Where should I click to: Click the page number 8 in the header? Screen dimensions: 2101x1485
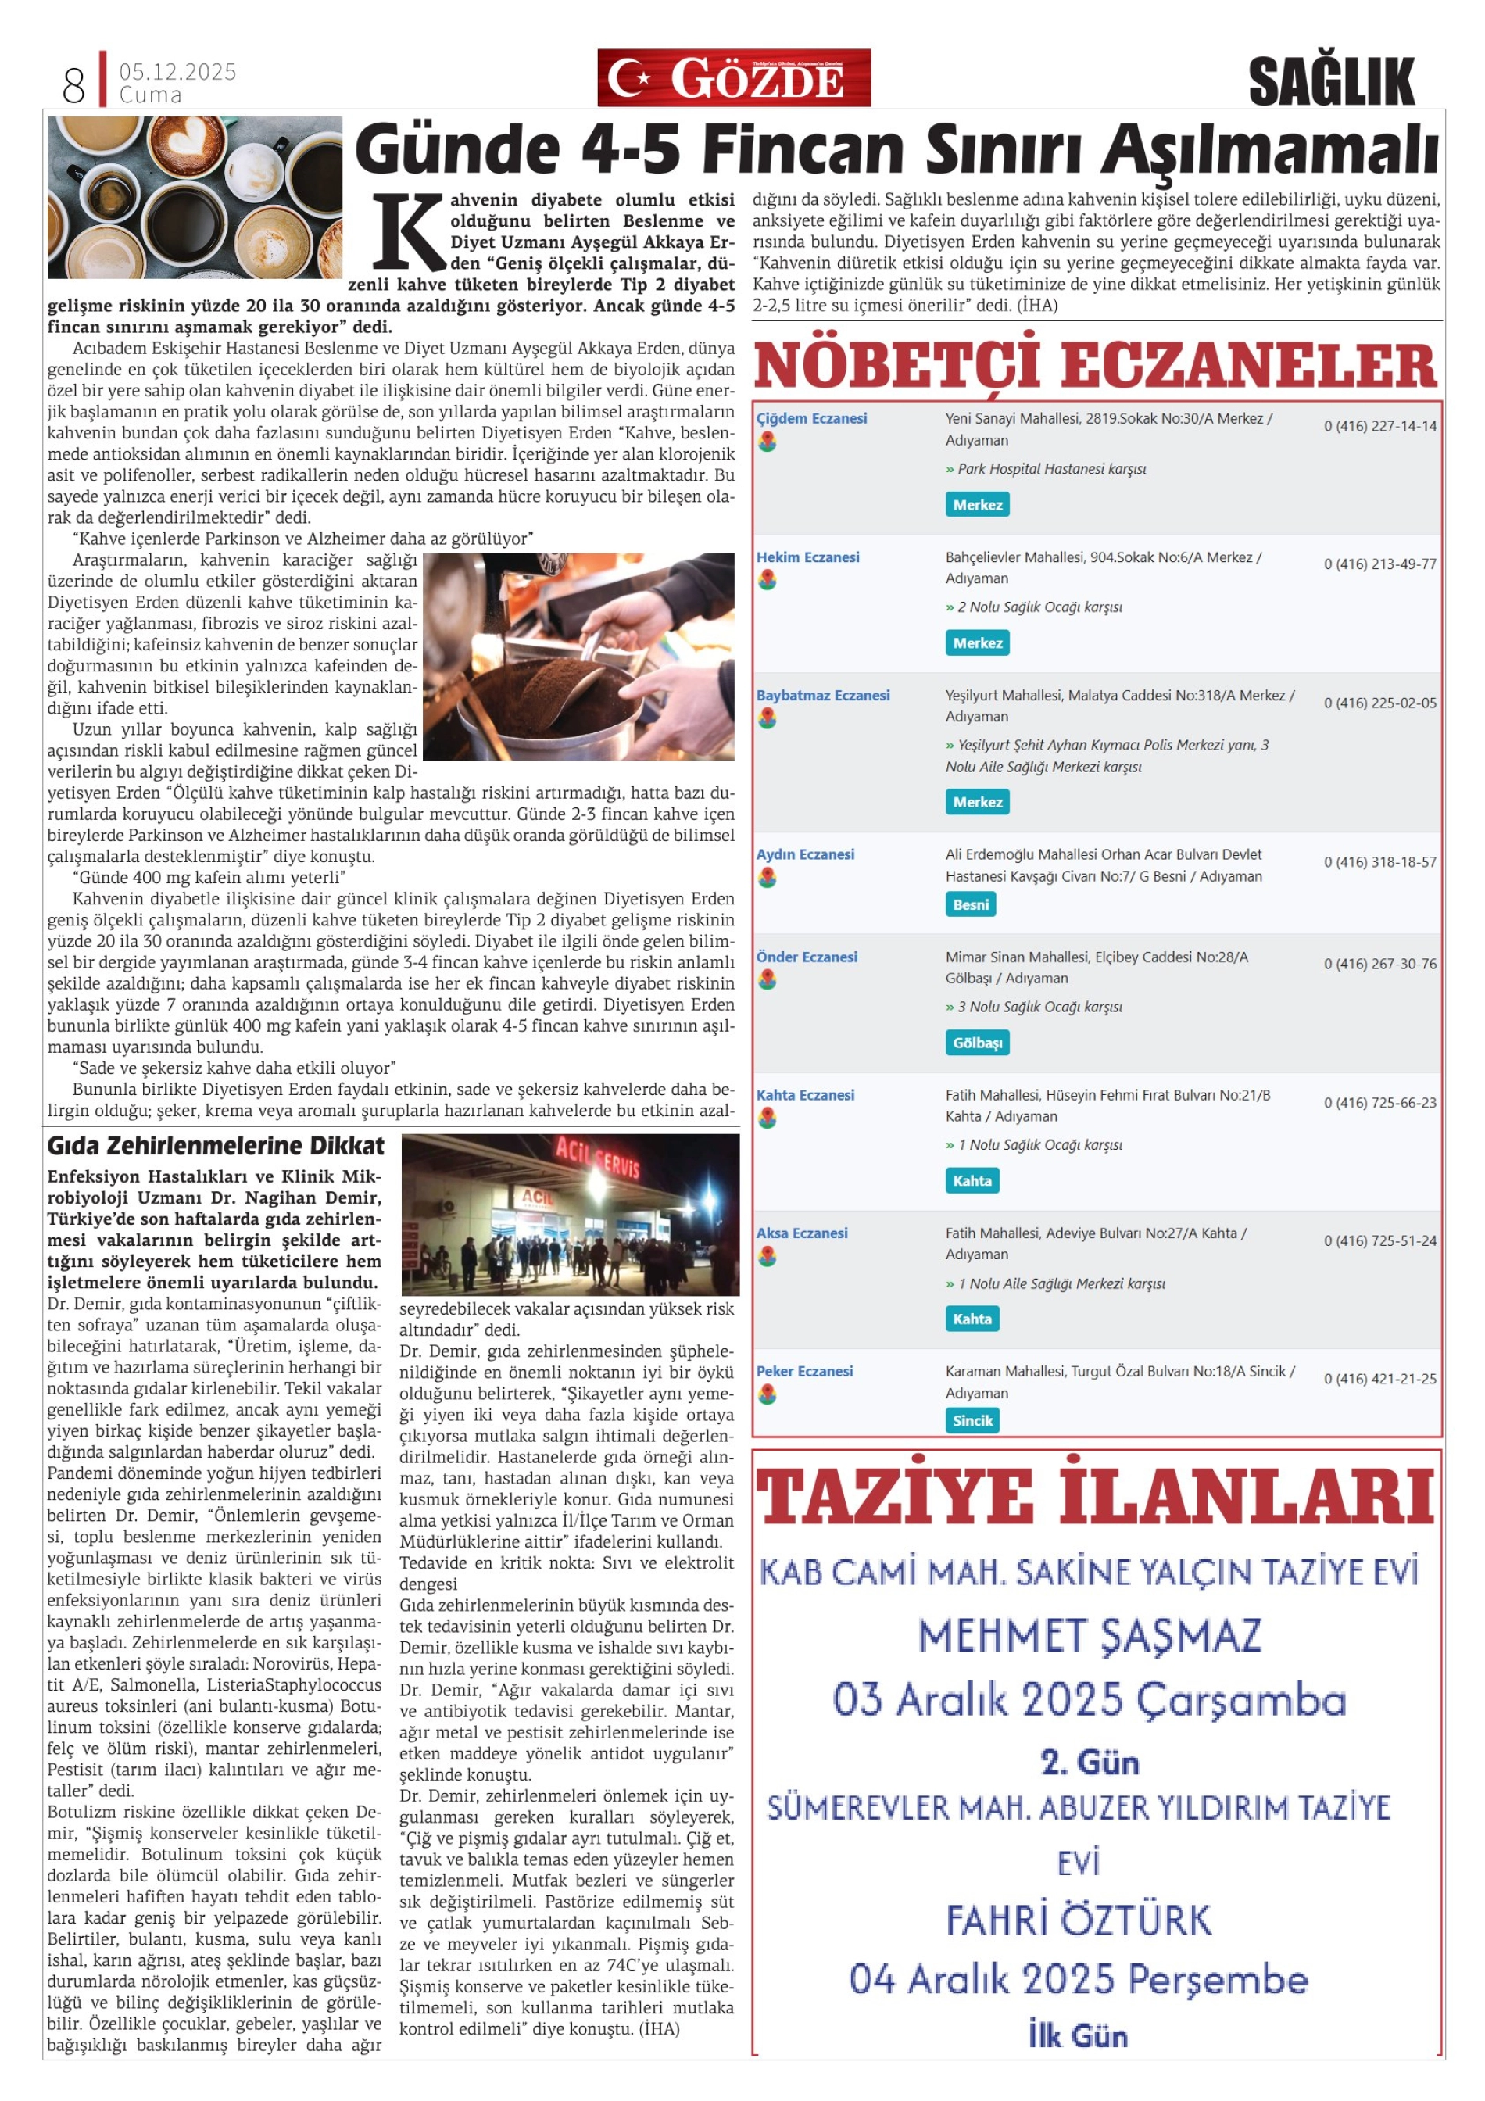[x=73, y=85]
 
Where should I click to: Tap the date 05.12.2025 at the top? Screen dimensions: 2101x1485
[x=177, y=71]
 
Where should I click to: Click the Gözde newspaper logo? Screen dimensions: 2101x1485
[x=734, y=78]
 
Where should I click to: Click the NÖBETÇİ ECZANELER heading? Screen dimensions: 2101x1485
[x=1095, y=365]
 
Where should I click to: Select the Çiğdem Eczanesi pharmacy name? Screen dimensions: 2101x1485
[x=810, y=418]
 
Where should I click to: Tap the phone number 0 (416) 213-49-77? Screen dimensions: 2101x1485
[x=1379, y=564]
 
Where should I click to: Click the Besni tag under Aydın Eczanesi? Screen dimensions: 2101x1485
[x=970, y=904]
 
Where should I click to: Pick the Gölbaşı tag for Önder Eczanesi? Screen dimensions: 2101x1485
[x=977, y=1042]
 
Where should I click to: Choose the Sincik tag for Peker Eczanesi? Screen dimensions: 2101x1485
[x=972, y=1420]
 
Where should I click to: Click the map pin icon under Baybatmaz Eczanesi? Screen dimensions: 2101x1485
[x=767, y=718]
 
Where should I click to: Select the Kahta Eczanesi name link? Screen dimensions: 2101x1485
[x=805, y=1094]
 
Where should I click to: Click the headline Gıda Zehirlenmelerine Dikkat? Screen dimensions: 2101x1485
[x=216, y=1147]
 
